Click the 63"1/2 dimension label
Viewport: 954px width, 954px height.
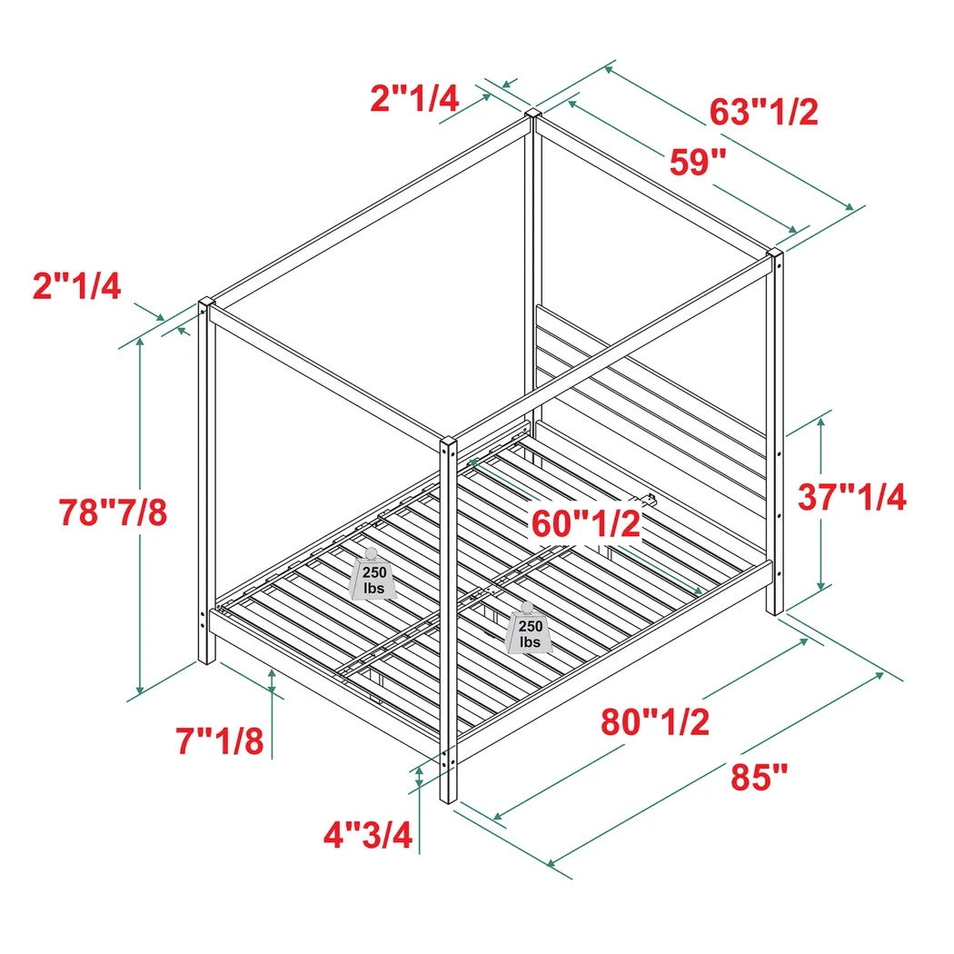pos(764,113)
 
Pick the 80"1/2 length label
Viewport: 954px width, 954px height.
pos(655,722)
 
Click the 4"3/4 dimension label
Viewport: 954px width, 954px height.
pos(370,834)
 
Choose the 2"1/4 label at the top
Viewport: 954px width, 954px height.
pos(414,97)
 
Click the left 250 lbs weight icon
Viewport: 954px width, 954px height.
pos(372,575)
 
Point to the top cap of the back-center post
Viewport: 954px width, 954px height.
pos(533,116)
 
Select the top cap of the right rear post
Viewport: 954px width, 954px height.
pos(775,253)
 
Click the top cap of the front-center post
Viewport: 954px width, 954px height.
pos(446,442)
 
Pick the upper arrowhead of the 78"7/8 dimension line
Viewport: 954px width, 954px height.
pos(140,342)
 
